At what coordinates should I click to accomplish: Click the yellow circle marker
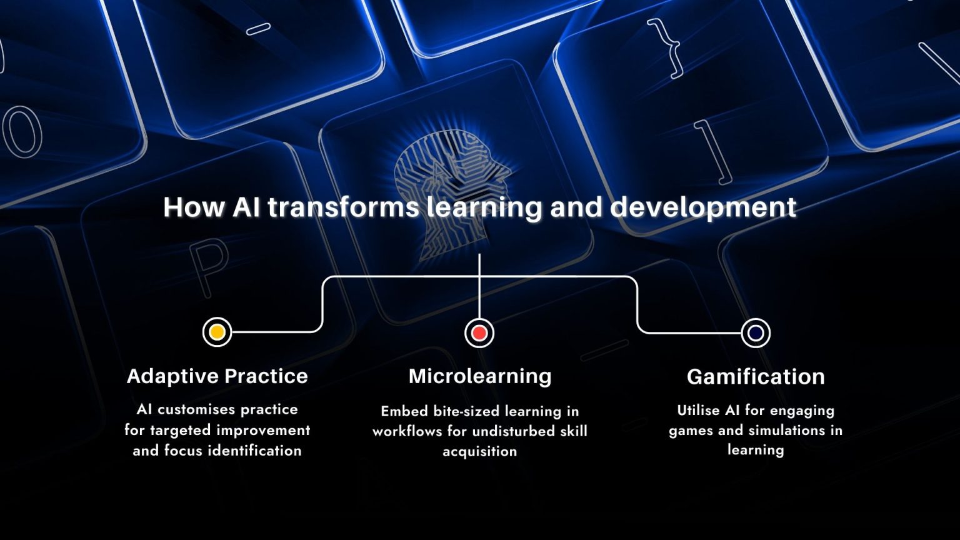pyautogui.click(x=217, y=332)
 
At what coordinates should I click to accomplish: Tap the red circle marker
pyautogui.click(x=479, y=333)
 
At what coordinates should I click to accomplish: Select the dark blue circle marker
pyautogui.click(x=756, y=333)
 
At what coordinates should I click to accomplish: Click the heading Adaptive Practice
pyautogui.click(x=217, y=376)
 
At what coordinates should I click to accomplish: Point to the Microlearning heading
pyautogui.click(x=480, y=376)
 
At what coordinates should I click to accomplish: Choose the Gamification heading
pyautogui.click(x=756, y=377)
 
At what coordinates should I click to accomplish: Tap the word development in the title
pyautogui.click(x=703, y=208)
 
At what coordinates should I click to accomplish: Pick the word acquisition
pyautogui.click(x=479, y=452)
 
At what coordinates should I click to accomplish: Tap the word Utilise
pyautogui.click(x=698, y=410)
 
